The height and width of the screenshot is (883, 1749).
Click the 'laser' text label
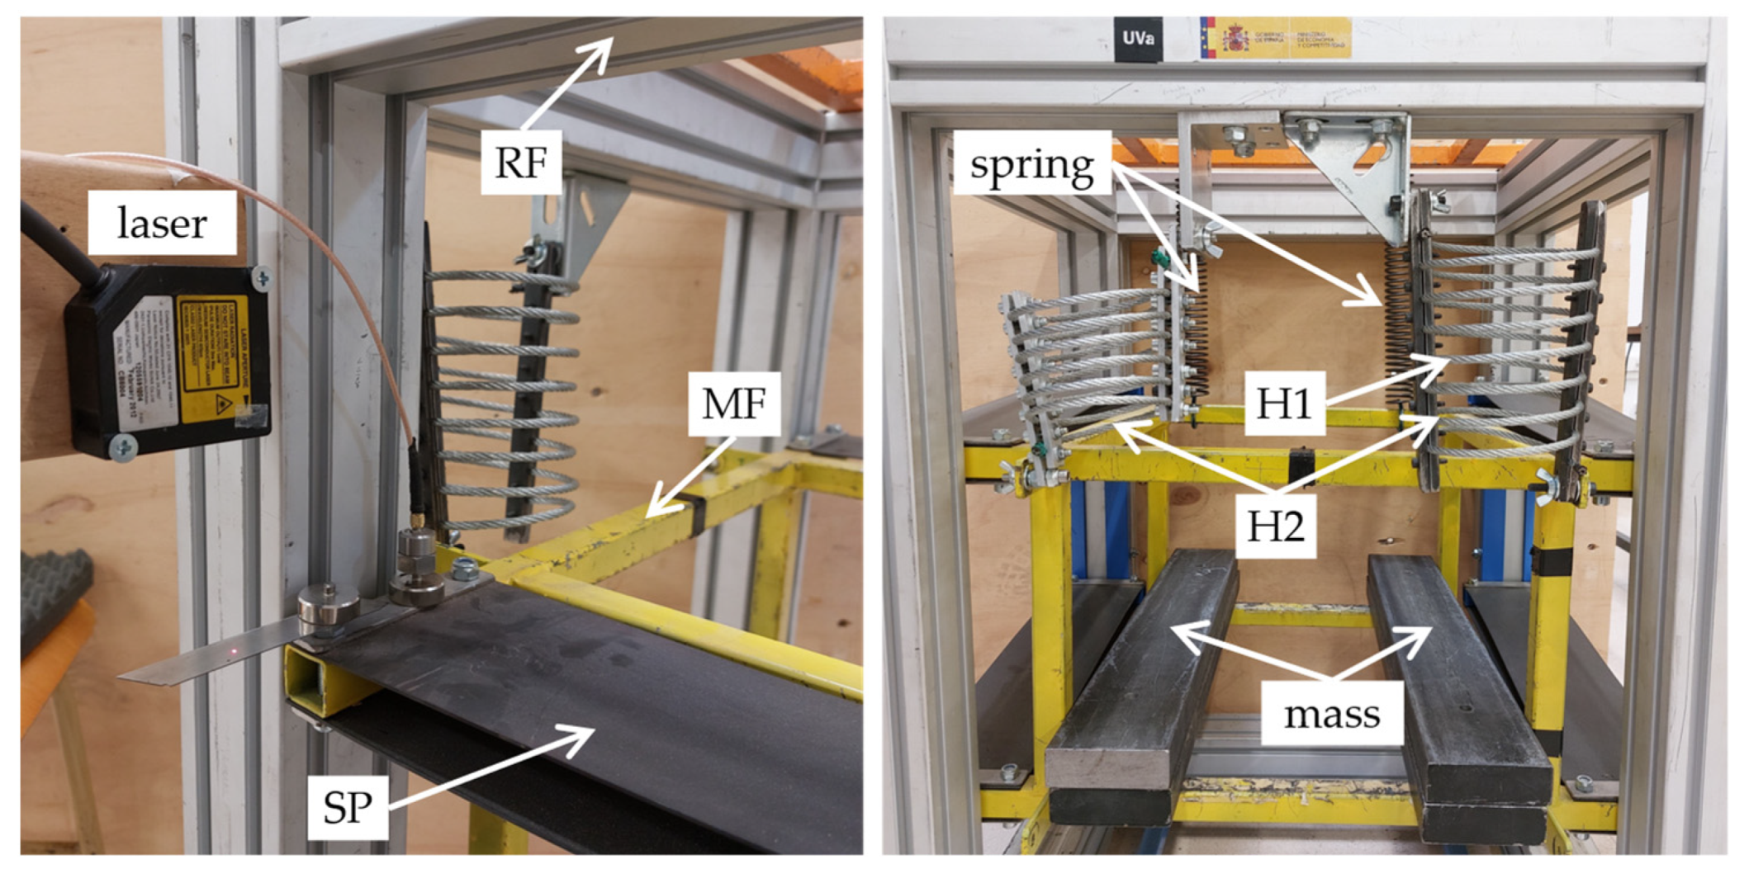click(x=162, y=223)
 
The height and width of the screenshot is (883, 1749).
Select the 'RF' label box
click(x=521, y=162)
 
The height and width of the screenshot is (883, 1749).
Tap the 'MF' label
click(x=734, y=404)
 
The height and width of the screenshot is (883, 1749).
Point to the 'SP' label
click(x=348, y=807)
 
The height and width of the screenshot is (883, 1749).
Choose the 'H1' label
click(x=1284, y=404)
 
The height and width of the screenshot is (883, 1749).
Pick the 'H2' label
click(x=1275, y=526)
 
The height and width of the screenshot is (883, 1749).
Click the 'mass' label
click(x=1331, y=714)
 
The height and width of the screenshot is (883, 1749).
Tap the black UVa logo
click(x=1138, y=39)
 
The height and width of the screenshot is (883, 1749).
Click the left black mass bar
click(x=1140, y=693)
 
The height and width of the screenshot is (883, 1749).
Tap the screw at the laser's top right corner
click(x=261, y=279)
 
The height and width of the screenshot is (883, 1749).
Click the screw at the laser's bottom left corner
click(x=124, y=448)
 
